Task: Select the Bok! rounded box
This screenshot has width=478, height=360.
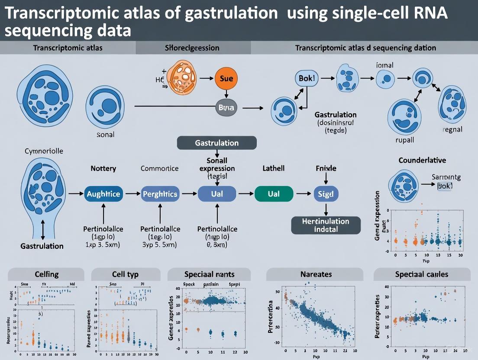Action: (307, 78)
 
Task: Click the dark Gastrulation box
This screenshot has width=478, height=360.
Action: (217, 143)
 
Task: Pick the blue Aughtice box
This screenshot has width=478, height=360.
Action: (103, 194)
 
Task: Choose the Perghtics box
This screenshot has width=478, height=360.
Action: (160, 194)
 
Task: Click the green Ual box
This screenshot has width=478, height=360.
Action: (274, 194)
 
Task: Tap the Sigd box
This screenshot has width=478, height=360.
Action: (326, 194)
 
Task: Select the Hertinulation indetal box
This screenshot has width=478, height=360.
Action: (326, 225)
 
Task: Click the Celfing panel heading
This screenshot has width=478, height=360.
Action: (46, 274)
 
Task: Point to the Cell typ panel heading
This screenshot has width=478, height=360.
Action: (125, 274)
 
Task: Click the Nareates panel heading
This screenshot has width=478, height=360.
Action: (316, 274)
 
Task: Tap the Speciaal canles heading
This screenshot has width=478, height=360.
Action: (421, 274)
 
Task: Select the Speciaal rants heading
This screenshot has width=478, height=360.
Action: (209, 274)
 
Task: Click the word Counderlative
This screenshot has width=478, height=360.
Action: (422, 160)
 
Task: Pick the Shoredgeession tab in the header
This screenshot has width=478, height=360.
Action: (193, 48)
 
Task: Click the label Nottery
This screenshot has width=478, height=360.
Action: (103, 168)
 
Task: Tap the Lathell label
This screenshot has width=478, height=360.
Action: (274, 168)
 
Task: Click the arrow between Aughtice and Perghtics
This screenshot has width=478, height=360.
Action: (132, 194)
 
